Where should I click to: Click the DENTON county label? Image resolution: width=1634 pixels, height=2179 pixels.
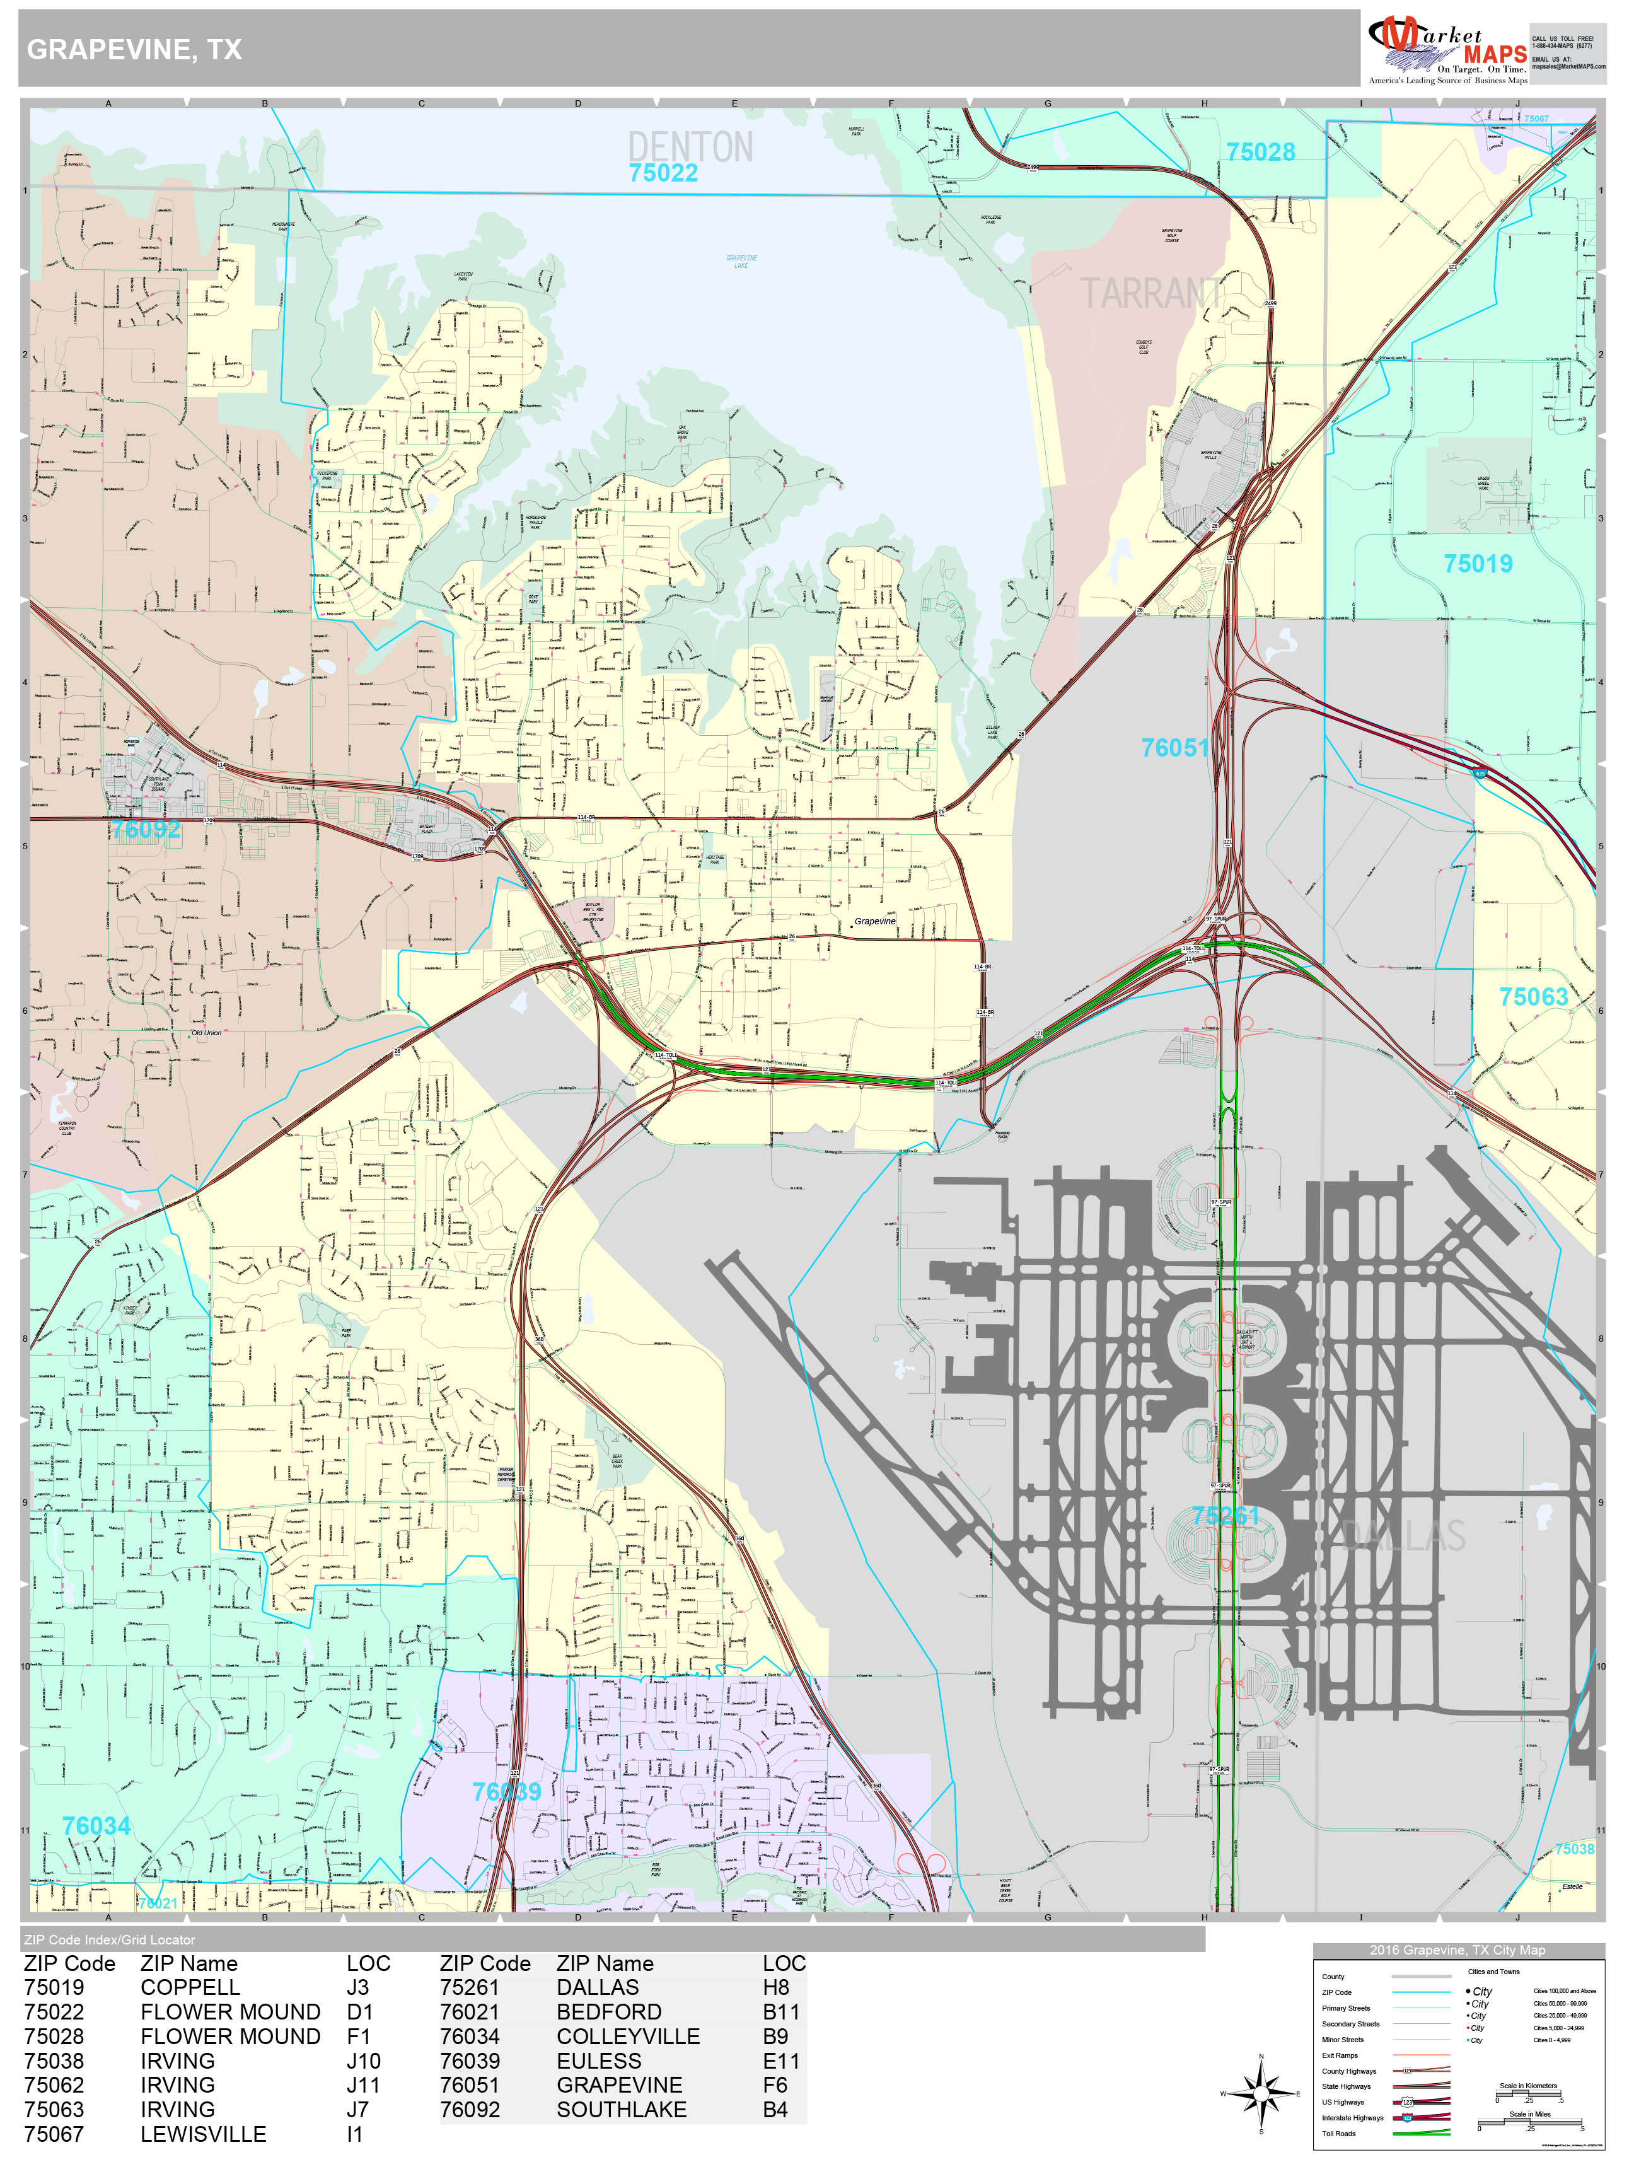690,147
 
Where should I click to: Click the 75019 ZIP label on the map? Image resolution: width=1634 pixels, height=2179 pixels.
1478,564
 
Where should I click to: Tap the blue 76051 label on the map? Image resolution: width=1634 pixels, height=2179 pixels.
1174,748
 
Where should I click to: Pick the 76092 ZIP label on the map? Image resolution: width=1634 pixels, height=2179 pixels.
146,830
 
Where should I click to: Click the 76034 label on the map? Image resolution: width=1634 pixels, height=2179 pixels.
96,1825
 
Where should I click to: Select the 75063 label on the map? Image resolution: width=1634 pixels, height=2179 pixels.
1533,997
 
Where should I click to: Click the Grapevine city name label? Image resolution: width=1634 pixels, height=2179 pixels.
874,921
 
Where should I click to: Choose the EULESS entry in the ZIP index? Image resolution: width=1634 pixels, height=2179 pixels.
598,2061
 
